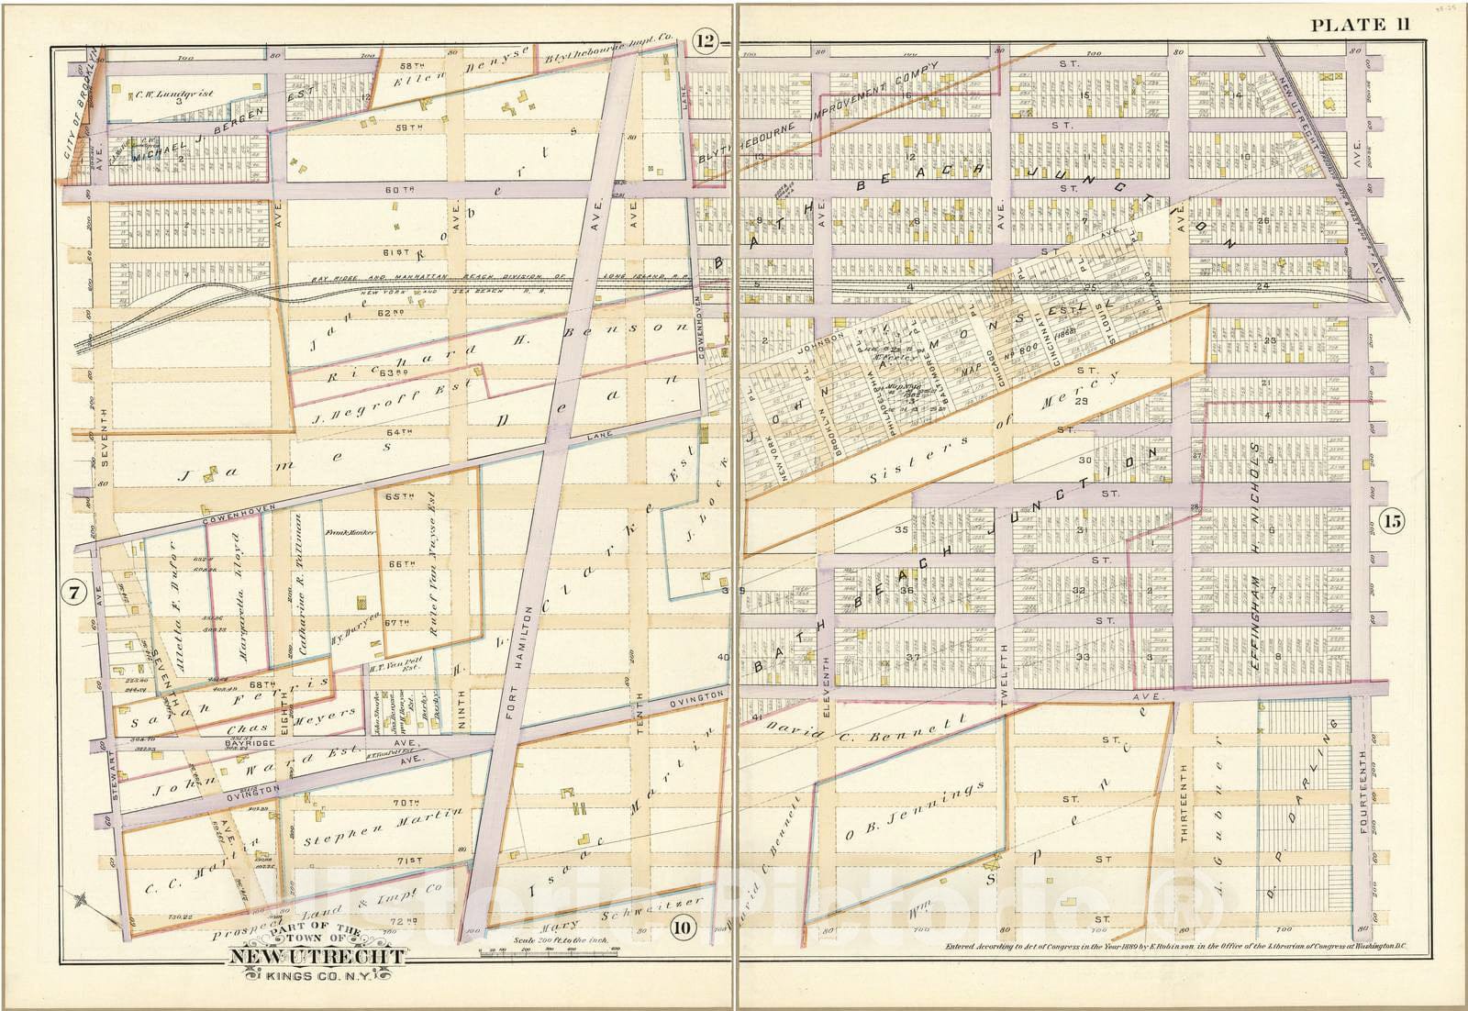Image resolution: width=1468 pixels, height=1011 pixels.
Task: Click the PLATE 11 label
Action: [x=1360, y=25]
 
